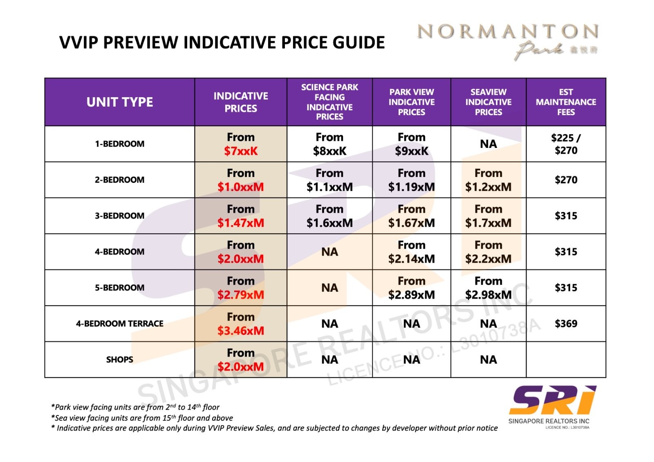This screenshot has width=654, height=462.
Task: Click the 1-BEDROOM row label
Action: [119, 144]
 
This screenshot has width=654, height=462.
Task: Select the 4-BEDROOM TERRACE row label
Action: [119, 324]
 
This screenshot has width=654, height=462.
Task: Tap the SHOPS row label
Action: [119, 359]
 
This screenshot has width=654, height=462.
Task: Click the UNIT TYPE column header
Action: [119, 102]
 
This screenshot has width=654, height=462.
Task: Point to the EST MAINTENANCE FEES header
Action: [566, 102]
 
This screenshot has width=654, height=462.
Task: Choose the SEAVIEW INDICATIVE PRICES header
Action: [488, 102]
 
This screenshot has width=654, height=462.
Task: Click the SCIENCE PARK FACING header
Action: [329, 102]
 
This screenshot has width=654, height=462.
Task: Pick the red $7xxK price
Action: [241, 151]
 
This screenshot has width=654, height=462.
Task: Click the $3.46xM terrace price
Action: [241, 330]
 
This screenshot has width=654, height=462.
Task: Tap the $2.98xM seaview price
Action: [488, 295]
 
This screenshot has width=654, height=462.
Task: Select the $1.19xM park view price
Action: [411, 187]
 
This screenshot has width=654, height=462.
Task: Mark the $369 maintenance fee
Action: [566, 324]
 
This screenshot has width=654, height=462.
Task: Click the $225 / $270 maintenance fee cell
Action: [566, 144]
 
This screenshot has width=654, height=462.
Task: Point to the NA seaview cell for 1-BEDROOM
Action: [488, 144]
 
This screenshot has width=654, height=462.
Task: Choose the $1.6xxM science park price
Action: [329, 223]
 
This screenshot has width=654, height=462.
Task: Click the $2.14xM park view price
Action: [411, 259]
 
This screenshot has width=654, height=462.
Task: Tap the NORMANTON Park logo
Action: [507, 41]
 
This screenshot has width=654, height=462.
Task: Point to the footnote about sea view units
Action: [142, 418]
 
